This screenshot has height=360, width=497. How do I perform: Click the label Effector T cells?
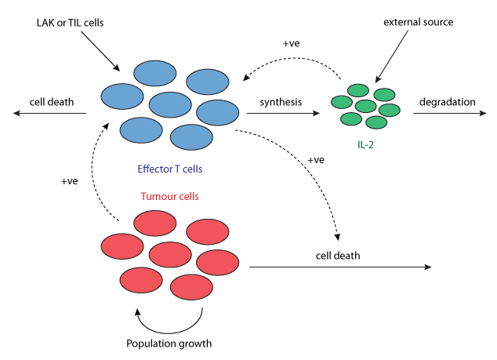[x=170, y=169]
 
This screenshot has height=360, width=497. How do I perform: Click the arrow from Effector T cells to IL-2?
[x=283, y=113]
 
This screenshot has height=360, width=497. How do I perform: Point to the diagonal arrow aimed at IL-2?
[x=392, y=56]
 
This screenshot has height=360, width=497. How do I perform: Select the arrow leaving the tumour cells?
[x=340, y=267]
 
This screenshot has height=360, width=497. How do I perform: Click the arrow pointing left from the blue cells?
[x=49, y=113]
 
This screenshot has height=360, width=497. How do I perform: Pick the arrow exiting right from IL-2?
[x=450, y=113]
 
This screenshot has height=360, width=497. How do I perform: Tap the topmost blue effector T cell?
[x=155, y=73]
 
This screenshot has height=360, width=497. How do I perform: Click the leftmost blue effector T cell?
[x=122, y=96]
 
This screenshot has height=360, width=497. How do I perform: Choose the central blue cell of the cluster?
[x=170, y=104]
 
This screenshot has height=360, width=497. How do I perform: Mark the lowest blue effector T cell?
[x=191, y=137]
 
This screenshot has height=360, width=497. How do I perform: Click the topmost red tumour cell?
[x=155, y=223]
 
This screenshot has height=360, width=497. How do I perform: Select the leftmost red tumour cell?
[x=122, y=246]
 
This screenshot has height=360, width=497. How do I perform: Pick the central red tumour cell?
[x=170, y=254]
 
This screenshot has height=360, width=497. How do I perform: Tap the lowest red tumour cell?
[x=191, y=287]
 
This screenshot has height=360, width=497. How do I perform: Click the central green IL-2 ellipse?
[x=365, y=106]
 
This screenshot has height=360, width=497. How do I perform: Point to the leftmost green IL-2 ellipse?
[x=342, y=102]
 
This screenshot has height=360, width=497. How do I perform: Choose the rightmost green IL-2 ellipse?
[x=390, y=110]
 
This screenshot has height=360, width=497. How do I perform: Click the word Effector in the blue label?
[x=152, y=169]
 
